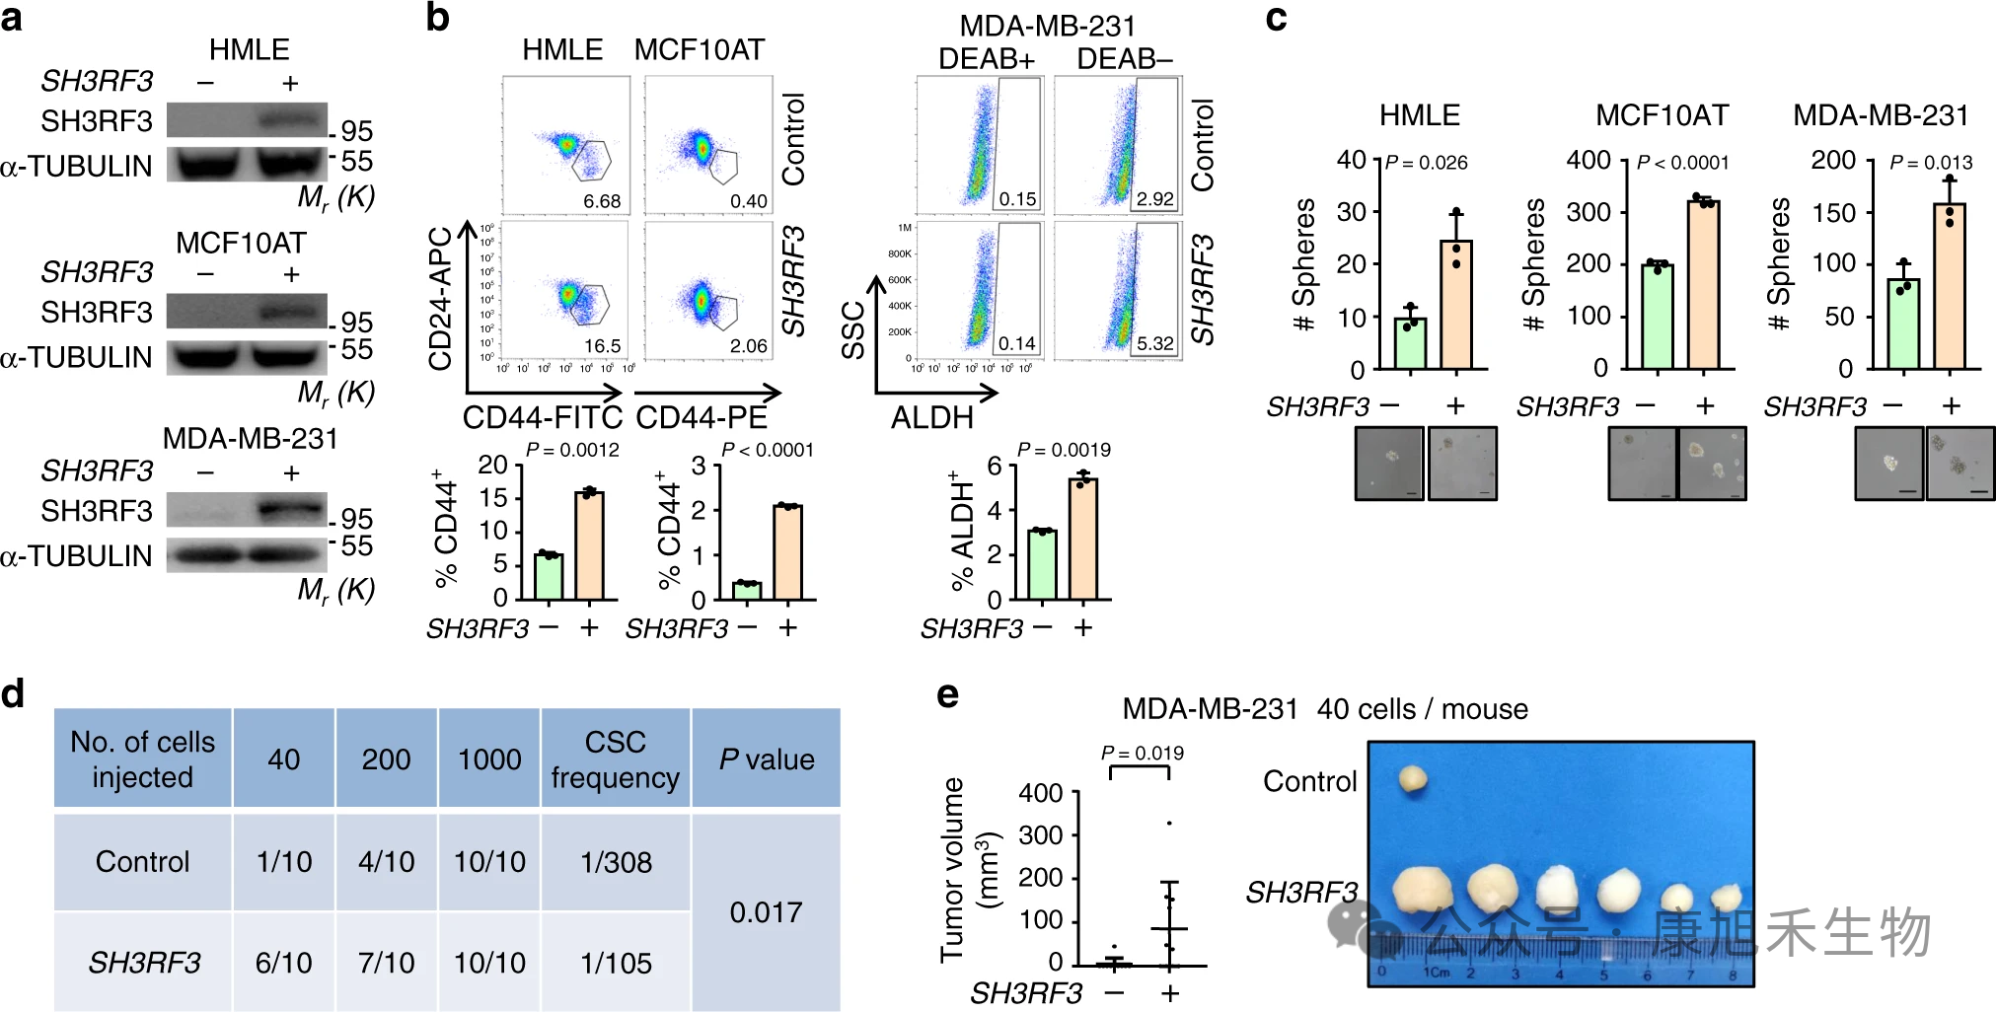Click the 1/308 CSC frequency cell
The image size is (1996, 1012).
click(x=616, y=862)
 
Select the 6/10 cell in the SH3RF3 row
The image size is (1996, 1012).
click(x=283, y=963)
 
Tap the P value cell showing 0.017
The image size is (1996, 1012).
click(x=766, y=912)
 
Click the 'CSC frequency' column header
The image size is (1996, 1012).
click(x=616, y=759)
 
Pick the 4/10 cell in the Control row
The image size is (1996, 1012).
click(x=386, y=862)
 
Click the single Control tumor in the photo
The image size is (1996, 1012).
click(x=1413, y=779)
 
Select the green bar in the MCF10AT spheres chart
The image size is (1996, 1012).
click(x=1657, y=317)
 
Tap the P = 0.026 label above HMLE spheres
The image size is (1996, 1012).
click(x=1426, y=163)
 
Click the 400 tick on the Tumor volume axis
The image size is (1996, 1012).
click(x=1040, y=793)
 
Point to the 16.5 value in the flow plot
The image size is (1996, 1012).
click(x=602, y=346)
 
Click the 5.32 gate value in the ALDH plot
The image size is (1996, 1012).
click(x=1154, y=344)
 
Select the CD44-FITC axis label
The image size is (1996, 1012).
click(x=542, y=418)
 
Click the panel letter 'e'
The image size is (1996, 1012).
click(x=947, y=694)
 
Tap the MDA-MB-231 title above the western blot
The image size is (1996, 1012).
click(x=250, y=438)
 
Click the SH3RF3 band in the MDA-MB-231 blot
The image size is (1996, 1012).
click(x=290, y=510)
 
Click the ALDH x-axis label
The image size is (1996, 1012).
click(x=931, y=418)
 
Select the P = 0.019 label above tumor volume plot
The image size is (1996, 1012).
click(x=1142, y=754)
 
